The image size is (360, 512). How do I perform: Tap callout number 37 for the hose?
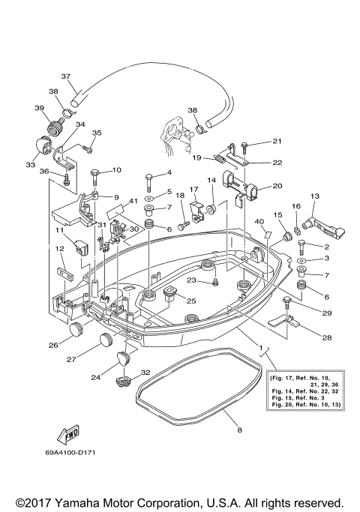(x=65, y=76)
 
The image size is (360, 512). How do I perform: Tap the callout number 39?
(x=39, y=107)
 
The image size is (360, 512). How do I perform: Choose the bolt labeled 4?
(x=149, y=181)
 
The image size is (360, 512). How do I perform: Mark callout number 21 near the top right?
(x=277, y=141)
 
